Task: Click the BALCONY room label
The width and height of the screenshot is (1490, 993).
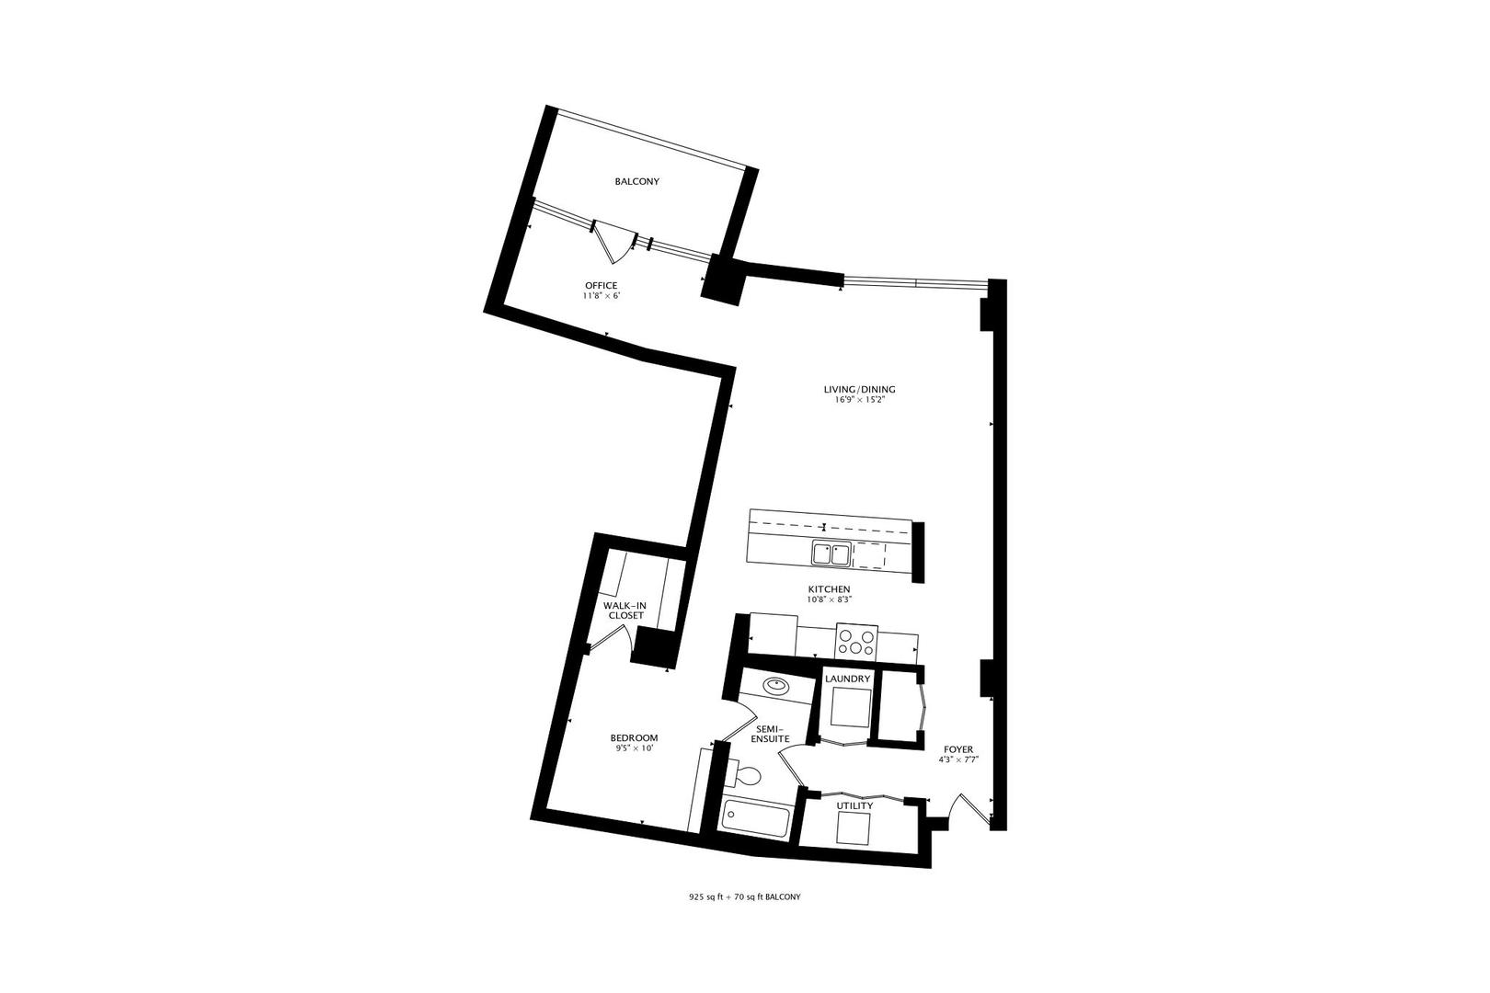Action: click(636, 181)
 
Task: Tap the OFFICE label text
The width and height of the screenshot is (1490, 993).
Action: click(601, 285)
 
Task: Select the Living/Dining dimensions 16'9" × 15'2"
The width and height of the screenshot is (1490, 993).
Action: click(859, 401)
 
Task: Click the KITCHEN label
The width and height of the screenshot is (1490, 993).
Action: click(829, 589)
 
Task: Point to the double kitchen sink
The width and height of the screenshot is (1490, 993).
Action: click(831, 554)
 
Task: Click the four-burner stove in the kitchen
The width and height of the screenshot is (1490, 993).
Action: click(857, 639)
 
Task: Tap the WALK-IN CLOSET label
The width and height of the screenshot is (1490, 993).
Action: click(625, 611)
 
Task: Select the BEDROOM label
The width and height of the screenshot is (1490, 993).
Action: click(634, 738)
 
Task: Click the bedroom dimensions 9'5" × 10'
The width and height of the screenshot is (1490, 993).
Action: click(634, 749)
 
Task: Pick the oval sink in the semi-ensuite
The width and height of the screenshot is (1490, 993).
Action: click(778, 685)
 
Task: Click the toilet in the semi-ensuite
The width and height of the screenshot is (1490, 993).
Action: click(746, 778)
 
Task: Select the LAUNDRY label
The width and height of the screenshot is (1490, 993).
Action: click(847, 679)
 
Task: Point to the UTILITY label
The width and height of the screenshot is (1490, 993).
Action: click(854, 806)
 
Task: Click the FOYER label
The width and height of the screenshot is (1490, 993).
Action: click(957, 749)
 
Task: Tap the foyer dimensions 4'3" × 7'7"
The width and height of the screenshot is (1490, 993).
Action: click(957, 760)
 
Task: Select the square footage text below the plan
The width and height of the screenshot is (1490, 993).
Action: click(744, 896)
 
